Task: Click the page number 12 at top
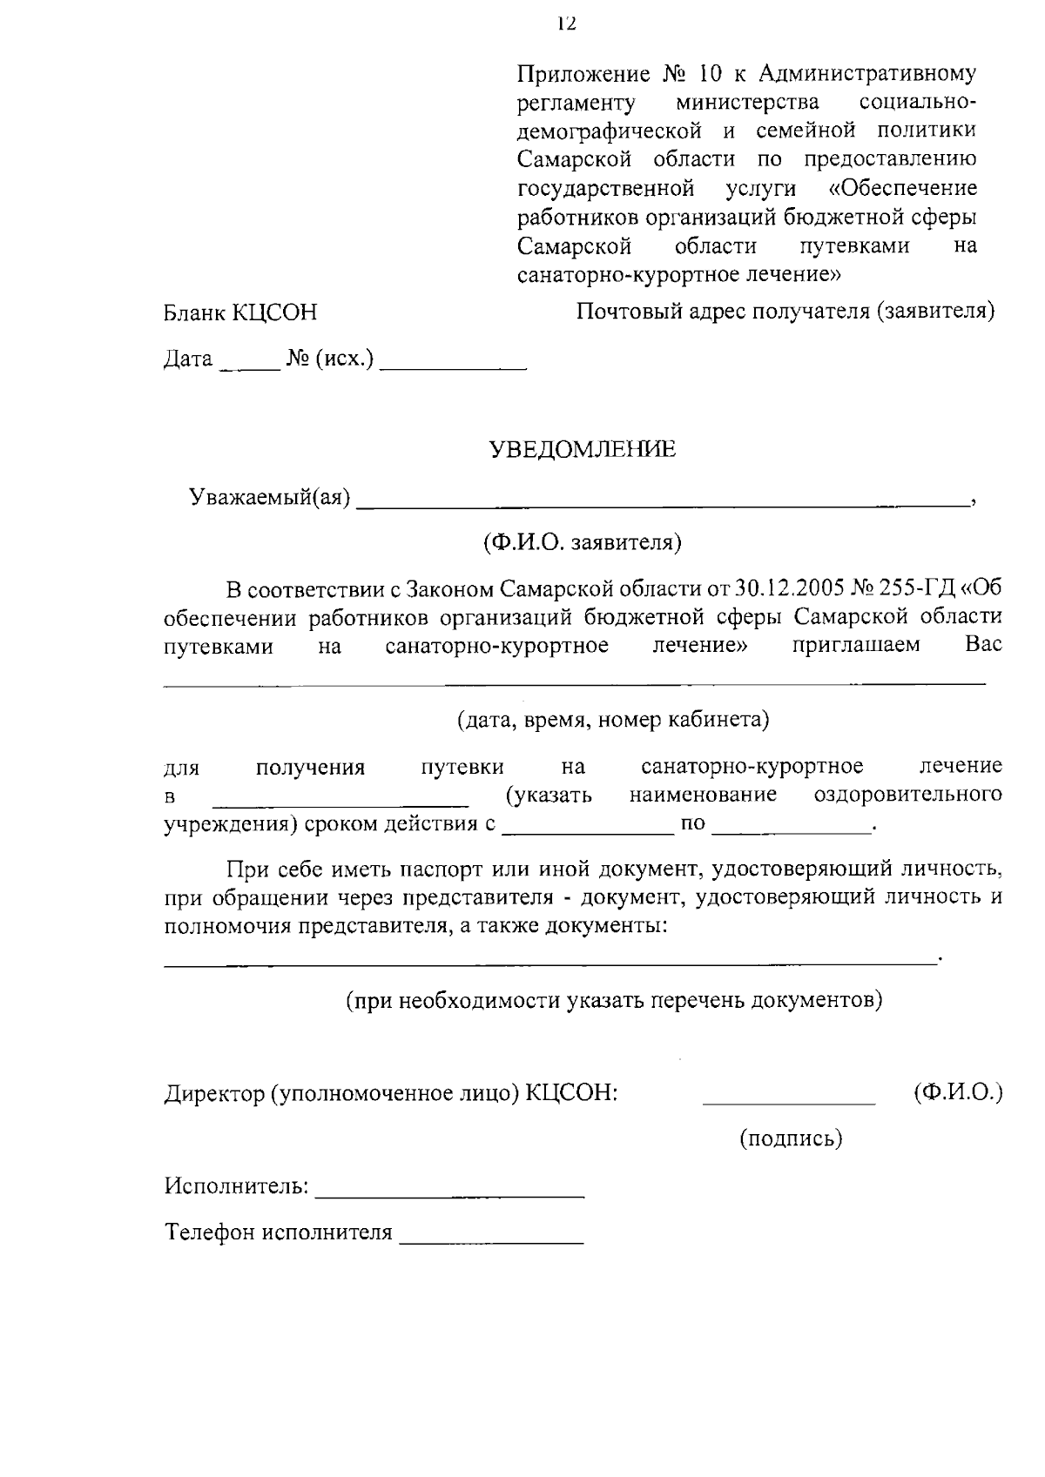[x=567, y=23]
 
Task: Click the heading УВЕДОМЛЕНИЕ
[x=582, y=450]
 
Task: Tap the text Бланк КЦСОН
[x=240, y=313]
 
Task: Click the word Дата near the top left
[x=188, y=359]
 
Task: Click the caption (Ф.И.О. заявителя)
[x=583, y=543]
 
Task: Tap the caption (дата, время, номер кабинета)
[x=613, y=720]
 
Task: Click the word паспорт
[x=442, y=869]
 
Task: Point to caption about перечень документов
[x=614, y=1000]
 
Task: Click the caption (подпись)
[x=791, y=1138]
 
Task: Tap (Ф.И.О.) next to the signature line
[x=958, y=1093]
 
